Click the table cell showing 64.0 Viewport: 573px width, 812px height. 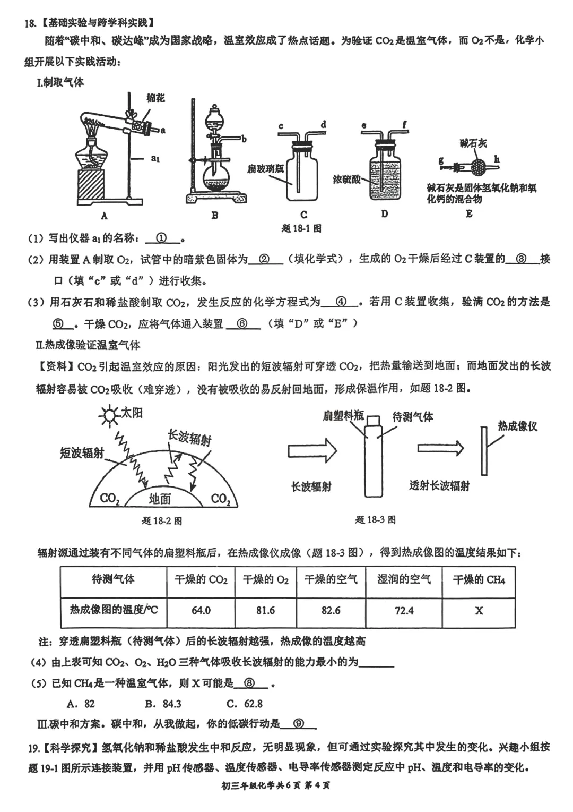[201, 610]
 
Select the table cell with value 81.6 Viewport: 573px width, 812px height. [265, 610]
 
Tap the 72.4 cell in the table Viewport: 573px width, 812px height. [404, 610]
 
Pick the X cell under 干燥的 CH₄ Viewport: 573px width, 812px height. [479, 610]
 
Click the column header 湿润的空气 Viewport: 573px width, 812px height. [404, 579]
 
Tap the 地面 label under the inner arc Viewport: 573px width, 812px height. [160, 499]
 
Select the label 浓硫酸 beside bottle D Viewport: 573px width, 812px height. [346, 179]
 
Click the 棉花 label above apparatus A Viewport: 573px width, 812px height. [155, 98]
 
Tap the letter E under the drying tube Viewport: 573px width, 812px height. [469, 214]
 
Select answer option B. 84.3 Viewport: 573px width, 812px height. [163, 704]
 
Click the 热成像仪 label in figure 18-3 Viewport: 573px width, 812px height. [517, 426]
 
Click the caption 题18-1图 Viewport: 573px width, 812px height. [301, 228]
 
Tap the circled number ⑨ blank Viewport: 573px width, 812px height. [298, 724]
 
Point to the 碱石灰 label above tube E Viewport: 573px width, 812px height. [473, 143]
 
